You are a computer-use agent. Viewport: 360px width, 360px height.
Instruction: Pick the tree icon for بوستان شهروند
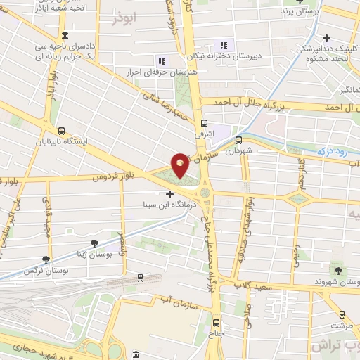tap(337, 270)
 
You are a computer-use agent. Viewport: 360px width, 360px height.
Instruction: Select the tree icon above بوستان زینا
tap(95, 243)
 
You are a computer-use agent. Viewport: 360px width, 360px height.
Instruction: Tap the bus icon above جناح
tap(216, 323)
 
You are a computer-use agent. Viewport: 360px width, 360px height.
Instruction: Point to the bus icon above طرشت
tap(342, 316)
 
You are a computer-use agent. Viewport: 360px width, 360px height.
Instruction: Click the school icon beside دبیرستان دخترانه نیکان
tap(224, 45)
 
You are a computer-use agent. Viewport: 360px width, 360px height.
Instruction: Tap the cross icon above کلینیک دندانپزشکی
tap(326, 38)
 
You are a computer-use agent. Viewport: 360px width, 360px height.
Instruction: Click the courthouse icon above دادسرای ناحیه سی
tap(65, 35)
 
